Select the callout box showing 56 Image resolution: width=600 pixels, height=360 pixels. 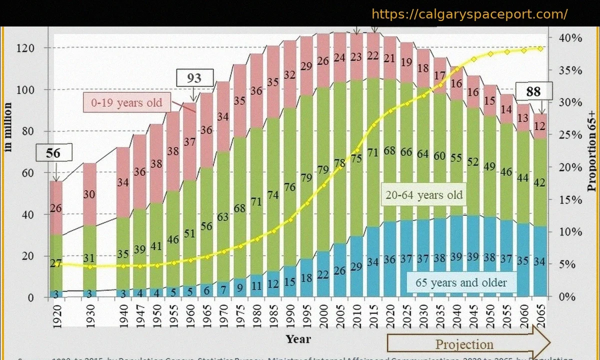click(x=53, y=152)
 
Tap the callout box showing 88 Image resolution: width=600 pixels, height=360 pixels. click(x=533, y=92)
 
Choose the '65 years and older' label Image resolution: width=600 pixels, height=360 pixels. click(x=461, y=282)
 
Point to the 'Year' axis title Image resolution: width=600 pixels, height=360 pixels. click(x=298, y=339)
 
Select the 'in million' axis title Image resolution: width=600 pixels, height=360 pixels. click(x=8, y=126)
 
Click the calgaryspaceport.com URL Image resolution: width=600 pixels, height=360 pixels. click(x=469, y=14)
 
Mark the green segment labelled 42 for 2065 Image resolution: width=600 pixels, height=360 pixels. click(x=540, y=182)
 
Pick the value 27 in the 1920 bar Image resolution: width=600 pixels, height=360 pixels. click(x=56, y=264)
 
